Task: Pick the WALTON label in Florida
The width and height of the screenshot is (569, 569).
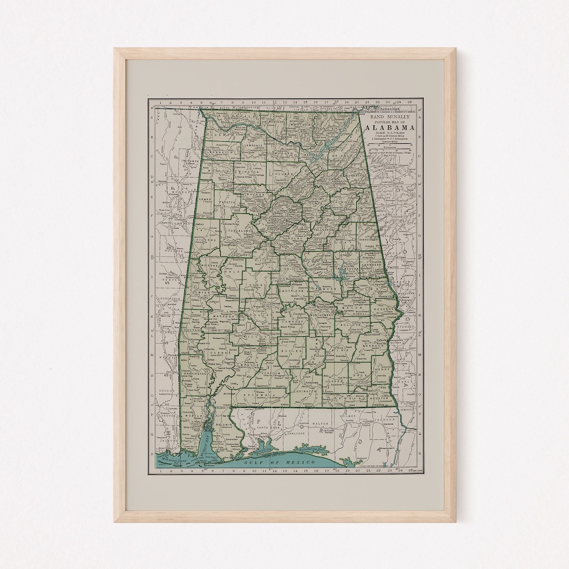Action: coord(320,423)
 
